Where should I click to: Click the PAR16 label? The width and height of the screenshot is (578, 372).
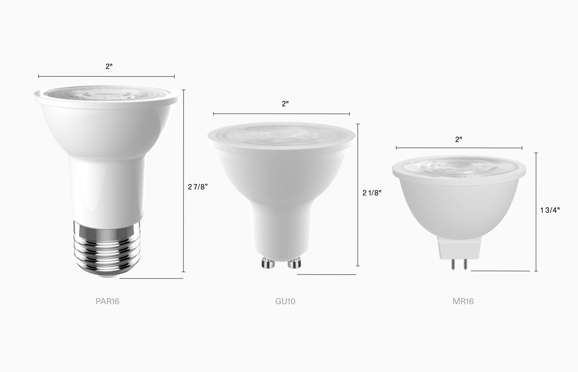[107, 301]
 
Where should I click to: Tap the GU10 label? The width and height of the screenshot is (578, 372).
[285, 301]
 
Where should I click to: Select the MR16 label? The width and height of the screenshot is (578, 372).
[463, 301]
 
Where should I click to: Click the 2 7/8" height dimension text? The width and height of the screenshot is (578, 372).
[198, 187]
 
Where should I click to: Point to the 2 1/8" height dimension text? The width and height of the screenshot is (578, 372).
[372, 193]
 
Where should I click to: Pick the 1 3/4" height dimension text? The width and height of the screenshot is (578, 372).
[550, 210]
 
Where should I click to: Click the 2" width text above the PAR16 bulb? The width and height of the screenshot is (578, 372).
[109, 67]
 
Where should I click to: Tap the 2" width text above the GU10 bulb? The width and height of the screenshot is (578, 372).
[285, 104]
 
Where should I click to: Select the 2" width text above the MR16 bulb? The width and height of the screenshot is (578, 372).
[458, 140]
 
